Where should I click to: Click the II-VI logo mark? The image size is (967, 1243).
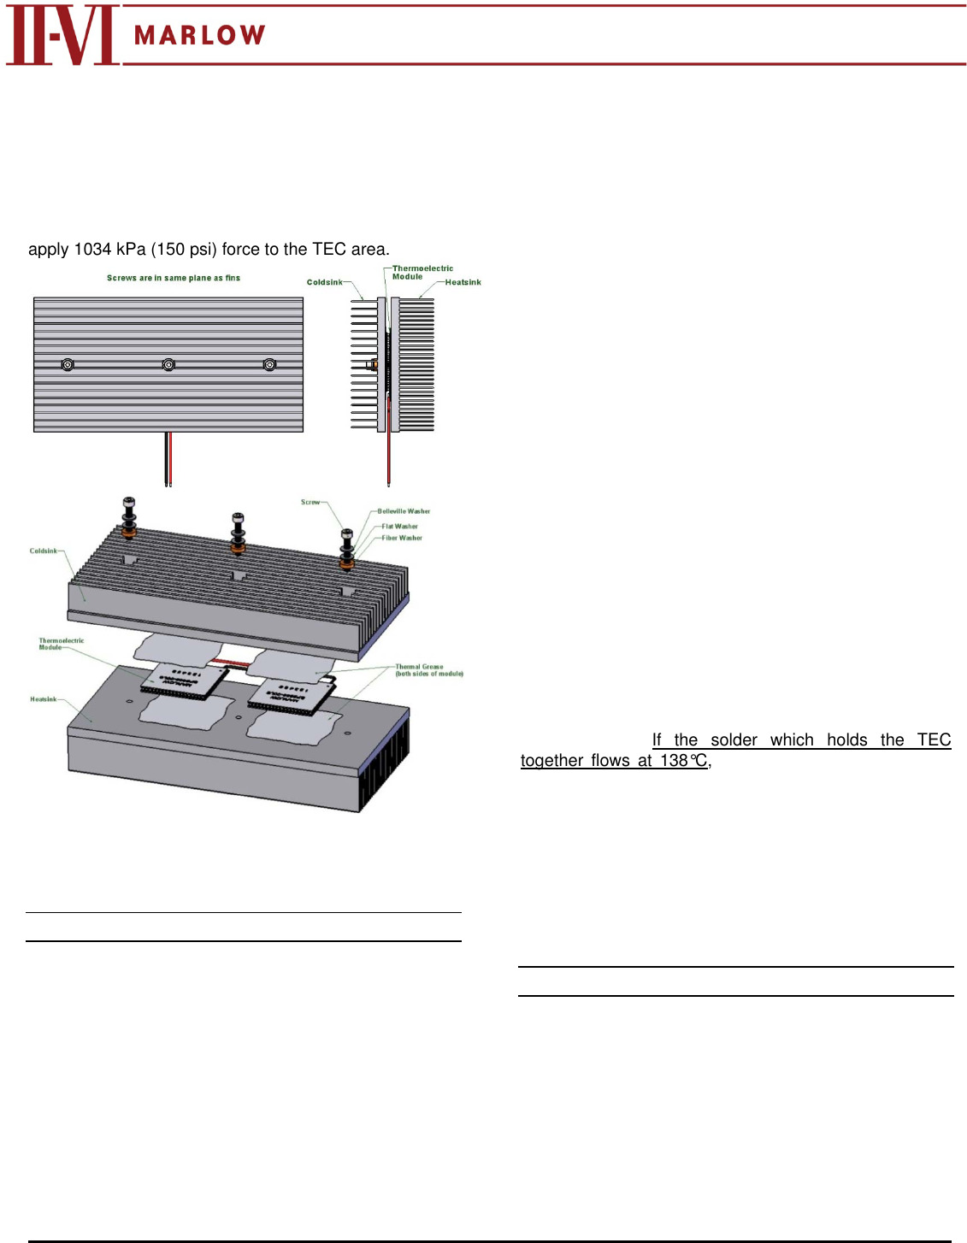pyautogui.click(x=62, y=35)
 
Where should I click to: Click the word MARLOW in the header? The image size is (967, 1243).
pyautogui.click(x=200, y=35)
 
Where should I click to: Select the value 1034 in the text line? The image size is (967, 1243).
pyautogui.click(x=92, y=250)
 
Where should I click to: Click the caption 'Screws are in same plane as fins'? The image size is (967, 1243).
pyautogui.click(x=174, y=278)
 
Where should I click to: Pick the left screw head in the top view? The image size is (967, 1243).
pyautogui.click(x=68, y=365)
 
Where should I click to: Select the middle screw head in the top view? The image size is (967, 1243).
pyautogui.click(x=169, y=365)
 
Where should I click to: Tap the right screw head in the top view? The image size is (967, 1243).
pyautogui.click(x=269, y=365)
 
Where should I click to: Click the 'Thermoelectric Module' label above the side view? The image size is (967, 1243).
pyautogui.click(x=422, y=273)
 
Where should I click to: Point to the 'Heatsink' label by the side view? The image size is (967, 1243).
pyautogui.click(x=463, y=282)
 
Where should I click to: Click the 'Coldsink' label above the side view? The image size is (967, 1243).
pyautogui.click(x=324, y=282)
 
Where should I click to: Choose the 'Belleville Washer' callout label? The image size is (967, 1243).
pyautogui.click(x=404, y=511)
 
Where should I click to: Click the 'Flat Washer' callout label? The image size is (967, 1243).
pyautogui.click(x=399, y=527)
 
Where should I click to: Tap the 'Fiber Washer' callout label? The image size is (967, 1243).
pyautogui.click(x=402, y=538)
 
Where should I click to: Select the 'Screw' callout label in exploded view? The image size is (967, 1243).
pyautogui.click(x=310, y=502)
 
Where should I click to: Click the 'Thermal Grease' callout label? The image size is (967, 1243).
pyautogui.click(x=420, y=667)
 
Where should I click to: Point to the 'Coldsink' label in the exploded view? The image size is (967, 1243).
pyautogui.click(x=44, y=551)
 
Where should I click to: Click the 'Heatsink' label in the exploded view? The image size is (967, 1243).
pyautogui.click(x=44, y=699)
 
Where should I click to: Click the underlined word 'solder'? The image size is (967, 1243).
pyautogui.click(x=734, y=740)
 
